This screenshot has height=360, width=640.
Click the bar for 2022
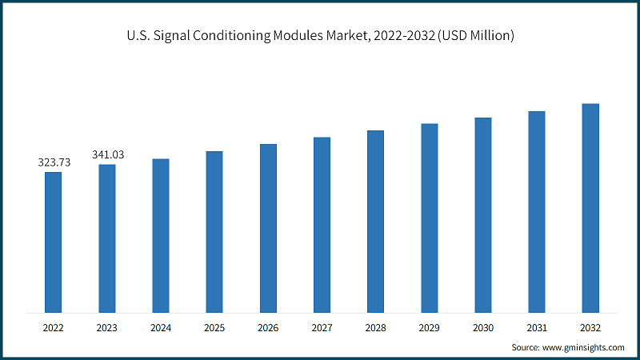click(x=54, y=242)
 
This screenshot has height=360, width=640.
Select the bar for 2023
click(x=107, y=238)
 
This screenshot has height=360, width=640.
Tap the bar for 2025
click(x=214, y=231)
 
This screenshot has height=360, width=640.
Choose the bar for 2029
click(x=430, y=218)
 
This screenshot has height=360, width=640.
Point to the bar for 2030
click(x=483, y=214)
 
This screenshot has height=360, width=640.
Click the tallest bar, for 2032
click(x=590, y=208)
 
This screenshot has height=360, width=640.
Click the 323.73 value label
click(x=54, y=162)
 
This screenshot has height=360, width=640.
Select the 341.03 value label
click(x=108, y=154)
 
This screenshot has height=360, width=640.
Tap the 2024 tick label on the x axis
click(x=161, y=327)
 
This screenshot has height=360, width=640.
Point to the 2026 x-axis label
click(x=268, y=327)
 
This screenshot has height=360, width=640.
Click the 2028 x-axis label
click(x=375, y=327)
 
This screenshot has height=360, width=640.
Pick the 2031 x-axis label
click(x=537, y=327)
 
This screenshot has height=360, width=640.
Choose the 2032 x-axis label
click(x=590, y=327)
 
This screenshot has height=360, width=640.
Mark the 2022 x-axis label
click(x=54, y=327)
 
